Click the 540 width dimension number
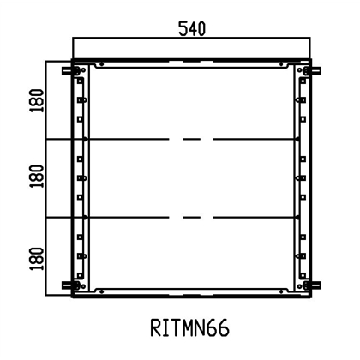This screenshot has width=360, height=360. click(191, 28)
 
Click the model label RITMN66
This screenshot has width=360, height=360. click(191, 329)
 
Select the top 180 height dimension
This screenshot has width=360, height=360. click(34, 100)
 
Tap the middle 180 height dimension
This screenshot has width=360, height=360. click(34, 178)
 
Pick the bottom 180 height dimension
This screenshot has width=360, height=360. click(34, 256)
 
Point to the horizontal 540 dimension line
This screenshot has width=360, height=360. click(191, 39)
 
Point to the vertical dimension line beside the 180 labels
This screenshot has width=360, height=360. click(46, 178)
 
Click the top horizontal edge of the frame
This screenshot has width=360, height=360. click(191, 62)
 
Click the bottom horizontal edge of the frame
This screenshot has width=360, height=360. click(191, 295)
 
